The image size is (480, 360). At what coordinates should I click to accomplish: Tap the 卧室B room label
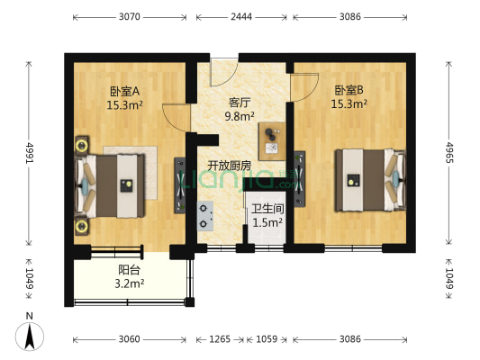click(349, 90)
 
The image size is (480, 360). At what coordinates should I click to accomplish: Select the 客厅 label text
click(240, 102)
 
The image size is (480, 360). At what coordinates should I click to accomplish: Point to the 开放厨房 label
click(230, 166)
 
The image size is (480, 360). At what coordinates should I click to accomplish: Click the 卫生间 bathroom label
click(267, 208)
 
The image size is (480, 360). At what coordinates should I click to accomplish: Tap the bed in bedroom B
click(366, 179)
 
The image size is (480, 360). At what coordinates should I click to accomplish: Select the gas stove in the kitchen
click(206, 214)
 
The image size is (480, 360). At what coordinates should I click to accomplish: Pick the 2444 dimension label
click(239, 16)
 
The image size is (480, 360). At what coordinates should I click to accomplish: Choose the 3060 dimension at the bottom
click(129, 339)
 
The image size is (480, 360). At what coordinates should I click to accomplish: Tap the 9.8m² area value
click(240, 115)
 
